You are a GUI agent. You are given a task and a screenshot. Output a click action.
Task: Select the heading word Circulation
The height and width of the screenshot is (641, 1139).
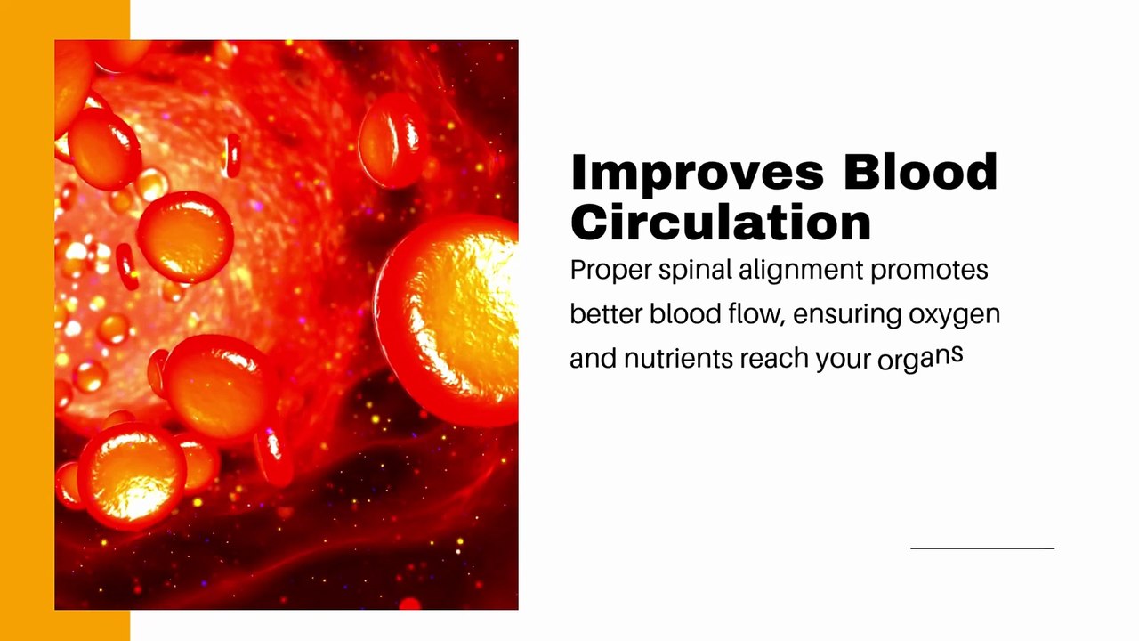(721, 222)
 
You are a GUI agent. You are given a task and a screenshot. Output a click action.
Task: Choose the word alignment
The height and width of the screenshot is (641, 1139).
(800, 271)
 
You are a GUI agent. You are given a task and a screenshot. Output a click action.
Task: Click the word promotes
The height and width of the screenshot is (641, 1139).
(929, 270)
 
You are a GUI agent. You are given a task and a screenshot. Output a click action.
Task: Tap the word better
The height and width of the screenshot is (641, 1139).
(606, 314)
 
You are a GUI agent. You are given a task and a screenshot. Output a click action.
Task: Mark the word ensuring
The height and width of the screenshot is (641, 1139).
(846, 315)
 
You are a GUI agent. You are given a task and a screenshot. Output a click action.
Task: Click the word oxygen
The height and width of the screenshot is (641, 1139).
(954, 315)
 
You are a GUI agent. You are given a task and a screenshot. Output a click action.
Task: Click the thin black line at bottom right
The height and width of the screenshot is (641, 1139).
(982, 548)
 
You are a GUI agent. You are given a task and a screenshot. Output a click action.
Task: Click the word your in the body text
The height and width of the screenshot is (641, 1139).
(841, 359)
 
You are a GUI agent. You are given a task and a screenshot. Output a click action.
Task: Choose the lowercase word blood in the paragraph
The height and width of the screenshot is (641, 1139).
(684, 314)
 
